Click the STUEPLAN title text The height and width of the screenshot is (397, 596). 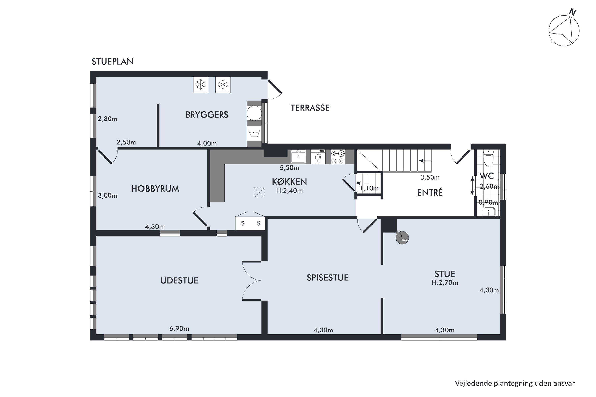point(112,62)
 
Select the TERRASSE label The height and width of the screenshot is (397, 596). point(310,108)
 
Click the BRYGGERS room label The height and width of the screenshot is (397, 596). point(207,115)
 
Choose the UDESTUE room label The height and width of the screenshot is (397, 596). point(179,280)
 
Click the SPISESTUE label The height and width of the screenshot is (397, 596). point(327,278)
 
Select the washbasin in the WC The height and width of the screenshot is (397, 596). point(489,212)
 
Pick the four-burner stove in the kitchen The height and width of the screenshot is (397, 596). point(338,157)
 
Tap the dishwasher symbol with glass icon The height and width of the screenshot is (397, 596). point(318,157)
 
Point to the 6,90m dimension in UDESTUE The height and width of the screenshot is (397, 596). point(179,329)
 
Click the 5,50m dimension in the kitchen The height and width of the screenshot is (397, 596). point(289,168)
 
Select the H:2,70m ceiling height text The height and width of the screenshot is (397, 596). point(445,283)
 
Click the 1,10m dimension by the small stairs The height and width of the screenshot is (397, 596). point(369,188)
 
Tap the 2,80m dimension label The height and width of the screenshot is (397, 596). point(107,119)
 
